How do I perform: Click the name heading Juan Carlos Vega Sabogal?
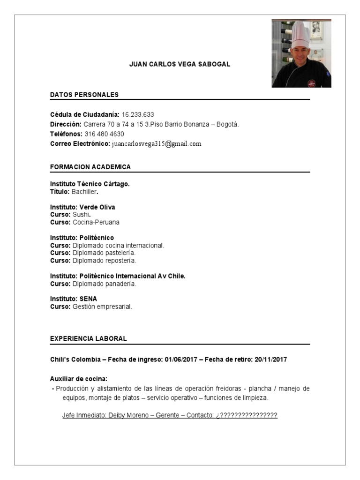[180, 64]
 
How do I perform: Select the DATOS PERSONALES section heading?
[84, 95]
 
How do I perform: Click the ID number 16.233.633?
[138, 114]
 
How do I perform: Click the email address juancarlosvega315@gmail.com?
[157, 144]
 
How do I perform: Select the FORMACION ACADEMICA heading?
[90, 167]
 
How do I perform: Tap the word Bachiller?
[85, 192]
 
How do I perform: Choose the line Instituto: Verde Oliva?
[82, 207]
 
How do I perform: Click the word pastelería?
[119, 253]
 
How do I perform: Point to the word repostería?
[120, 260]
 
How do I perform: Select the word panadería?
[120, 284]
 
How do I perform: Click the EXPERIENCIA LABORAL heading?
[89, 338]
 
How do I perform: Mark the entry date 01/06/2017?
[181, 360]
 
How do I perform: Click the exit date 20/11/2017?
[270, 360]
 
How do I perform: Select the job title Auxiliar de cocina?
[79, 379]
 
